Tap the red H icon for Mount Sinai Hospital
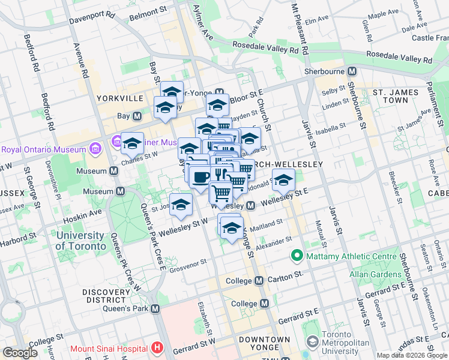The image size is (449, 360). [x=157, y=348]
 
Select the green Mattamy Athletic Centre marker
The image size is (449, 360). [x=296, y=257]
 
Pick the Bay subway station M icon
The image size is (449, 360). [x=137, y=116]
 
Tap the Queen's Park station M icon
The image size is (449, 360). [x=155, y=308]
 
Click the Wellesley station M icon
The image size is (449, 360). [x=251, y=206]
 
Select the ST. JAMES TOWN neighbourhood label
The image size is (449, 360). [x=394, y=98]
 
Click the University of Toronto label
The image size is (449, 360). [x=84, y=241]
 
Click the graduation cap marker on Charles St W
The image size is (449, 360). [x=132, y=143]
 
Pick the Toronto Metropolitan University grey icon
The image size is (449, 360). [x=312, y=341]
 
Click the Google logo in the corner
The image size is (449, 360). [x=20, y=353]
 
